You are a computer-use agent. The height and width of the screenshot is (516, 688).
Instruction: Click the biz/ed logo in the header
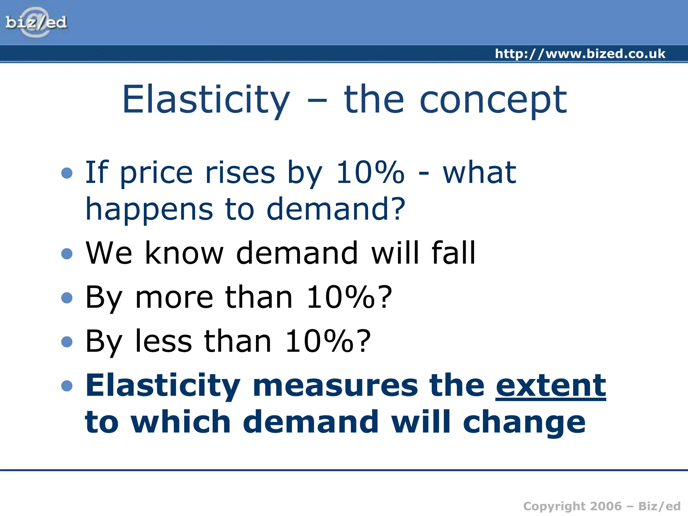(x=36, y=23)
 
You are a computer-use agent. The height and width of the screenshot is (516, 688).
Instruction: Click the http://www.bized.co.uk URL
(x=580, y=54)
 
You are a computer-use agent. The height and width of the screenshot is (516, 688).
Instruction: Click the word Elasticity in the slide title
(x=206, y=100)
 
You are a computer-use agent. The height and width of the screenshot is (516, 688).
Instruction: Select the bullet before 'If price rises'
(x=67, y=173)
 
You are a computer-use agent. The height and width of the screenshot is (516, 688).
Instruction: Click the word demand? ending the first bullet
(x=336, y=209)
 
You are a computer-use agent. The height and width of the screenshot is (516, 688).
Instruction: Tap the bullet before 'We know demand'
(x=67, y=254)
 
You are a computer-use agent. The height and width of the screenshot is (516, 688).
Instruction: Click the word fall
(x=453, y=253)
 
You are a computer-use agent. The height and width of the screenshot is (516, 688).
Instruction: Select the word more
(x=174, y=297)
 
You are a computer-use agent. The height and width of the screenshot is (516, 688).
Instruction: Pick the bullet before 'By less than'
(x=67, y=342)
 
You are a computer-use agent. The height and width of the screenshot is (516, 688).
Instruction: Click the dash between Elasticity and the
(x=317, y=100)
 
